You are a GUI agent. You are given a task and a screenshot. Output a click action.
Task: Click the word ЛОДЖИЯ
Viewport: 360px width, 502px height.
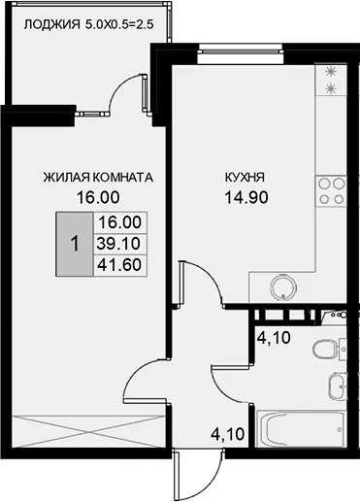tap(51, 25)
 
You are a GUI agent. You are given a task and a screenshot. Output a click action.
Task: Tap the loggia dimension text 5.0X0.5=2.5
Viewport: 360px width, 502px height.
tap(118, 25)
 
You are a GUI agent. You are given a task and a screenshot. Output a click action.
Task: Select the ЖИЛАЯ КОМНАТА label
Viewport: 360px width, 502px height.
tap(98, 178)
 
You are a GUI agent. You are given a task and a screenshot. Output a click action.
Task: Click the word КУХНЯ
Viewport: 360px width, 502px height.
tap(245, 178)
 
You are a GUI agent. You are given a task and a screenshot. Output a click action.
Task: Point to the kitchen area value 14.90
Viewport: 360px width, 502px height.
tap(246, 197)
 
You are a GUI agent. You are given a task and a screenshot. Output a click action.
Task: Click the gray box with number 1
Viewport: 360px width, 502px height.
tap(75, 244)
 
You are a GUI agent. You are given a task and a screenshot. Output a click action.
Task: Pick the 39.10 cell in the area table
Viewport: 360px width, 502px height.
tap(119, 244)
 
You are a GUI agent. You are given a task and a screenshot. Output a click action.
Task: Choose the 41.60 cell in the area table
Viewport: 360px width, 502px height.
tap(119, 265)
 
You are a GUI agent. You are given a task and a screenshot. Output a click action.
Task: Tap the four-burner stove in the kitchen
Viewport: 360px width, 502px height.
tap(331, 191)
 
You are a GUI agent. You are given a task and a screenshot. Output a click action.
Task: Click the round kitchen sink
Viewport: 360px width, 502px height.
tap(283, 286)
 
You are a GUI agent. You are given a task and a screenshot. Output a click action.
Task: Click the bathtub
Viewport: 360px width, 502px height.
tap(300, 429)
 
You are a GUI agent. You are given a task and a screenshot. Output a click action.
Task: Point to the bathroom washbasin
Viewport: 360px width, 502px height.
tap(338, 386)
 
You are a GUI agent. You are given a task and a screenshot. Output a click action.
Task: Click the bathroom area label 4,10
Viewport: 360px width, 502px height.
tap(274, 338)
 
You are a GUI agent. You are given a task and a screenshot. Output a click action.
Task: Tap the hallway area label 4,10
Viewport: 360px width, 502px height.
tap(228, 434)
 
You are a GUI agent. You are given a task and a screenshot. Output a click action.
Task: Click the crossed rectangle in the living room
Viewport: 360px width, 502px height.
tap(87, 432)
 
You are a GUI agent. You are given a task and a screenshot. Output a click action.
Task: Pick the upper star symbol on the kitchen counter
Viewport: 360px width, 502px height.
tap(331, 72)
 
